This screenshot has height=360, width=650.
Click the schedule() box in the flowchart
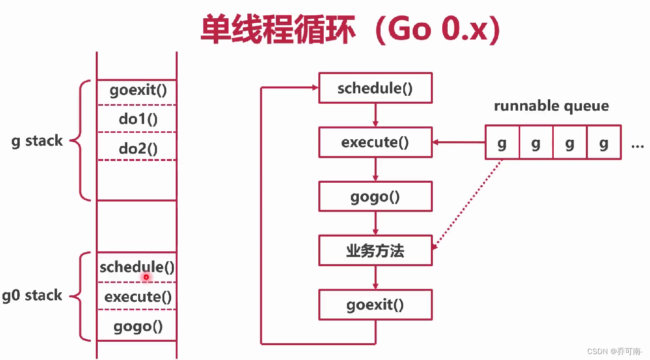point(375,88)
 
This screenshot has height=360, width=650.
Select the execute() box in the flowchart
point(375,142)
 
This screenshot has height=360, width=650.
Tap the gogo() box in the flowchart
point(375,197)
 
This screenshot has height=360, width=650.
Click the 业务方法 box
point(375,250)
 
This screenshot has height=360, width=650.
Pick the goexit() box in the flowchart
point(375,304)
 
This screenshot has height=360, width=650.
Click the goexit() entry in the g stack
point(138,91)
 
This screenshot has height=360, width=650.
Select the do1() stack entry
point(138,119)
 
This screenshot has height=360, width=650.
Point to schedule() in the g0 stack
point(137,267)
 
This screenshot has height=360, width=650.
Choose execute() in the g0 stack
point(138,296)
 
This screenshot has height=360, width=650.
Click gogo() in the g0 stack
point(138,326)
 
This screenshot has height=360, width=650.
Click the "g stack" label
point(37,141)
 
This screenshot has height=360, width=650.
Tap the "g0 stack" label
point(32,295)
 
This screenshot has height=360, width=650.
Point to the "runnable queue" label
point(551,106)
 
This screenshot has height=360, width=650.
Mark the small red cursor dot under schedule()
point(146,277)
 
